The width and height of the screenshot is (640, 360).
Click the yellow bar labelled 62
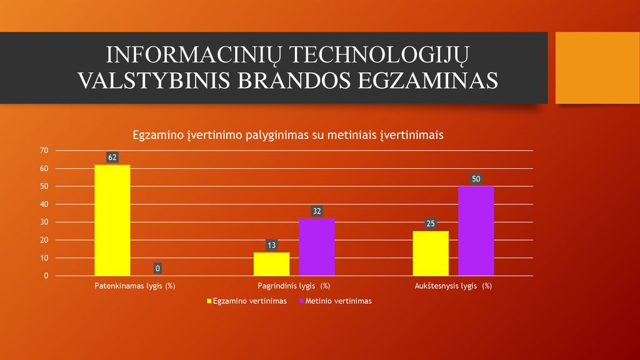click(112, 221)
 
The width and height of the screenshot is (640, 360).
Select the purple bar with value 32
click(317, 247)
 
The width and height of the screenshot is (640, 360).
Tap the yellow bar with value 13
click(271, 264)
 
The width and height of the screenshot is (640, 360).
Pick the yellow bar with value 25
click(431, 254)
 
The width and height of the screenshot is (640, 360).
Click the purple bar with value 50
click(476, 231)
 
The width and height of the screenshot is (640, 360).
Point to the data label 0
click(157, 268)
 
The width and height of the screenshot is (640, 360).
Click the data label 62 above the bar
click(112, 157)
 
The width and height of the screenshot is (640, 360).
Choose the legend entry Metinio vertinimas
click(336, 301)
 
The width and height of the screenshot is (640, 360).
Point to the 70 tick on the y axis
click(44, 151)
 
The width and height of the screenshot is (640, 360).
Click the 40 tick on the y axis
click(44, 204)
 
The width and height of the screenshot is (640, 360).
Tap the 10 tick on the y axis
click(44, 258)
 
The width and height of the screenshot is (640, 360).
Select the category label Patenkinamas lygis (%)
click(135, 286)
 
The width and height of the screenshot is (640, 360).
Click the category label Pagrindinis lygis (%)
click(294, 286)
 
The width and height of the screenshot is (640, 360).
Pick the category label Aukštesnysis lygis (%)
click(453, 286)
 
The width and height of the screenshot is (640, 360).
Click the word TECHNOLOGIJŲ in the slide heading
click(379, 56)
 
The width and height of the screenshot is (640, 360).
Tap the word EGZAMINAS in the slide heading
click(427, 80)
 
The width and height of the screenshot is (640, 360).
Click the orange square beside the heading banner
click(597, 67)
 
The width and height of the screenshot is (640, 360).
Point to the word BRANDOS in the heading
click(294, 80)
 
